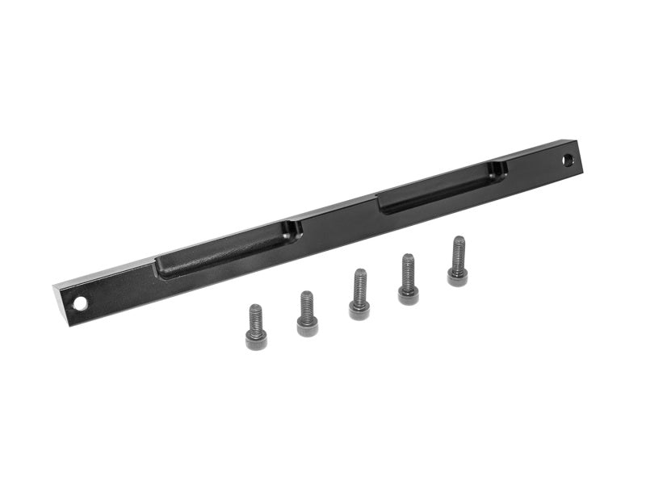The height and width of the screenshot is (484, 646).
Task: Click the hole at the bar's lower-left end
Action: pyautogui.click(x=81, y=304)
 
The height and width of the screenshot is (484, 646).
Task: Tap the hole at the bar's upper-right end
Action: pyautogui.click(x=568, y=159)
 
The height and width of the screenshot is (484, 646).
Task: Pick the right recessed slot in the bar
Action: pyautogui.click(x=443, y=186)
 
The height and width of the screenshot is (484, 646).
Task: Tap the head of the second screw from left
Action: pyautogui.click(x=307, y=327)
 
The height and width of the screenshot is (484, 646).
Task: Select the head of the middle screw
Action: pyautogui.click(x=359, y=310)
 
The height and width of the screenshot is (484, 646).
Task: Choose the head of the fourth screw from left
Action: pyautogui.click(x=408, y=294)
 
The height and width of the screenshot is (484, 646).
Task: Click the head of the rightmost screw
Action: pyautogui.click(x=458, y=276)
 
